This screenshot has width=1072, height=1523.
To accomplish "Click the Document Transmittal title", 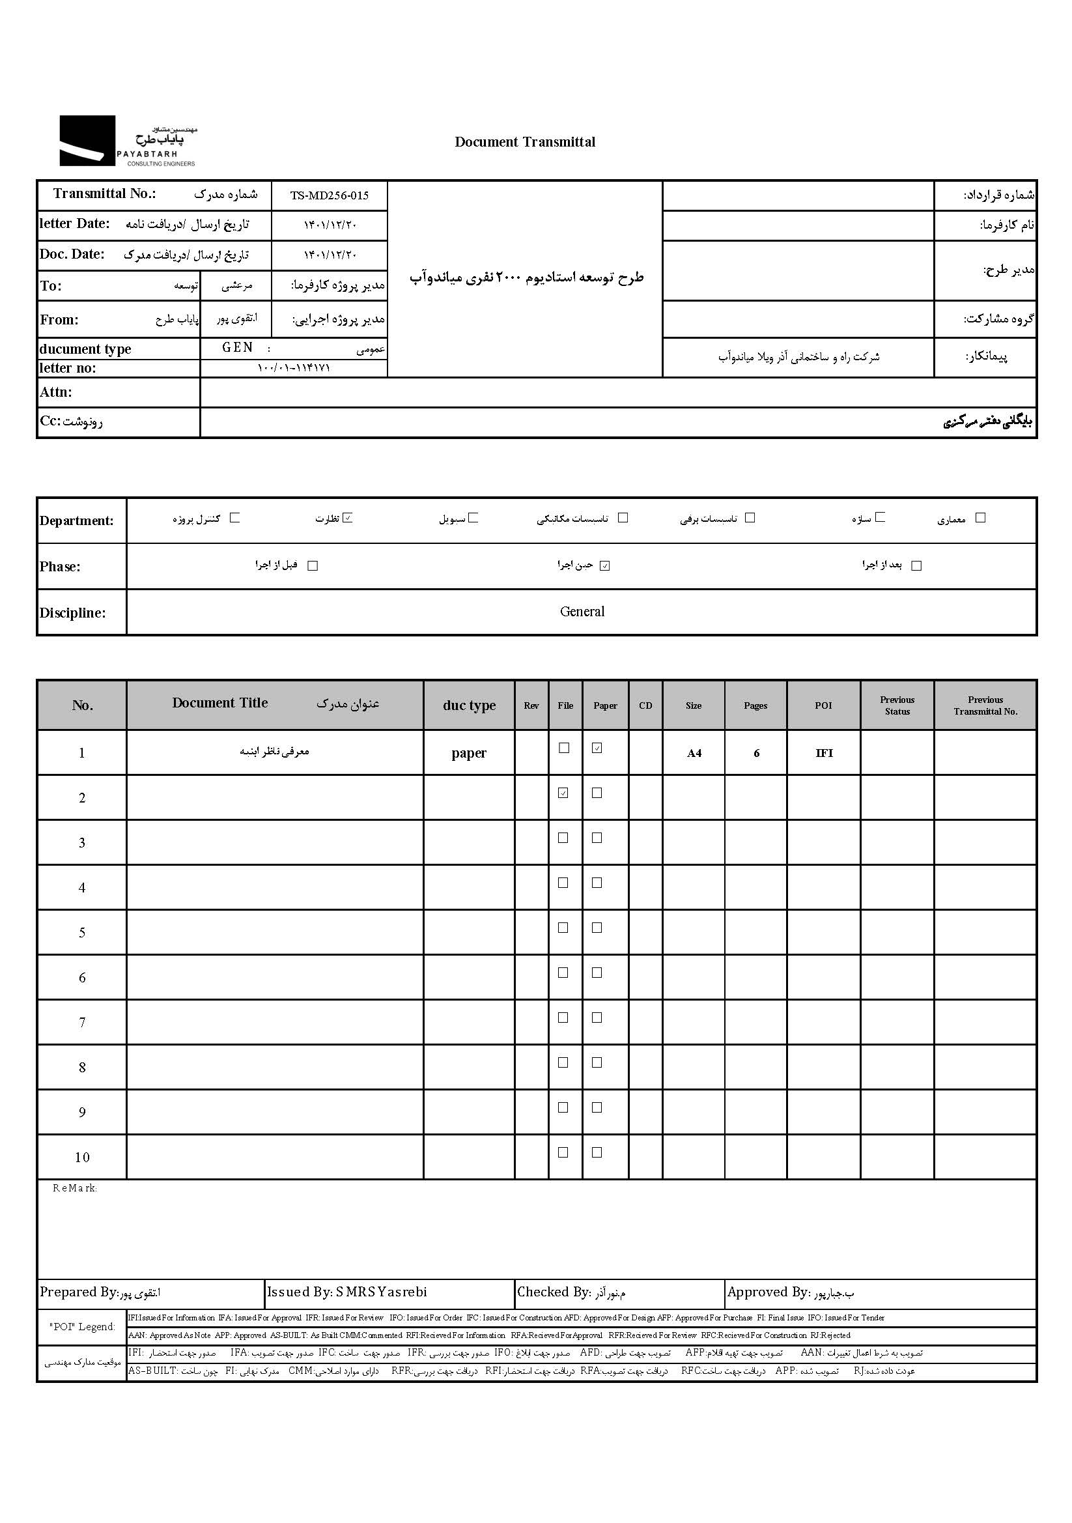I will [x=525, y=142].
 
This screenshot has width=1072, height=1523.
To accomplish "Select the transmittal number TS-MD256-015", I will [x=329, y=195].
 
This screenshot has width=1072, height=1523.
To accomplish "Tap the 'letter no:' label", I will [x=68, y=368].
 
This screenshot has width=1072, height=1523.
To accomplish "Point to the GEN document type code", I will [x=238, y=348].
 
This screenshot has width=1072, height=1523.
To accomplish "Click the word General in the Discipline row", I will [x=582, y=612].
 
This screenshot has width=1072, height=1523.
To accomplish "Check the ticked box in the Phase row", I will [x=604, y=566].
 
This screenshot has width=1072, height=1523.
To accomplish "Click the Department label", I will [x=76, y=520].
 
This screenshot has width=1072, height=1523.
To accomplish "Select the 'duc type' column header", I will [x=469, y=705].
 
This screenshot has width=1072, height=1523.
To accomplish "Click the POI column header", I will [x=823, y=705].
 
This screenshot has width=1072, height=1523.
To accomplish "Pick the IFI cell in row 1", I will [x=824, y=753].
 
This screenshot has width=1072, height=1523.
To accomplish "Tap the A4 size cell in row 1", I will [x=694, y=753].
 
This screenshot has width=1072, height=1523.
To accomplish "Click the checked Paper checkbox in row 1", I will [x=597, y=748].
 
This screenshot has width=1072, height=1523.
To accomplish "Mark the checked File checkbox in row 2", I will [x=563, y=793].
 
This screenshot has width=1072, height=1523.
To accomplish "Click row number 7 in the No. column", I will [x=82, y=1023].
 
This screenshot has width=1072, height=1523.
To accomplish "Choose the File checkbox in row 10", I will [x=563, y=1152].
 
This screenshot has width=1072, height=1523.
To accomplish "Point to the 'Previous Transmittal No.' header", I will [x=985, y=705].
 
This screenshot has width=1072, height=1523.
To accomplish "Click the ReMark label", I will [x=75, y=1188].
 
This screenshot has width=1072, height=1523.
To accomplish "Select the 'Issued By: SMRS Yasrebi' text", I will [x=347, y=1292].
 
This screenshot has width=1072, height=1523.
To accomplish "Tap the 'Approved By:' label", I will [x=768, y=1292].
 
